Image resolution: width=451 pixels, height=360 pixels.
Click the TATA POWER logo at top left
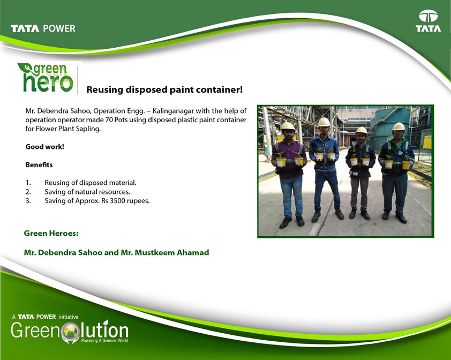pos(43,28)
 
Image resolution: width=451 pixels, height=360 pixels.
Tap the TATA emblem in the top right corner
pos(428,21)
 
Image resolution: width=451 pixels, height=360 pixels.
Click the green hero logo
pos(46,77)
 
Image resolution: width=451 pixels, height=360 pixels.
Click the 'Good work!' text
pos(44,147)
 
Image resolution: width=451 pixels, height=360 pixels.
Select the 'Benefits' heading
pos(39,165)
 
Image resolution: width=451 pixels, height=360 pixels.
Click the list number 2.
pos(28,192)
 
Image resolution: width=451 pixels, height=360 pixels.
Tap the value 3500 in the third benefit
pos(117,201)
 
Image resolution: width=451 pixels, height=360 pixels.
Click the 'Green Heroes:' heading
pos(51,233)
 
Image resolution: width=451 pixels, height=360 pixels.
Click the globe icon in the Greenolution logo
pos(70,331)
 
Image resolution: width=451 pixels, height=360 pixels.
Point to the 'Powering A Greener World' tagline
pos(104,341)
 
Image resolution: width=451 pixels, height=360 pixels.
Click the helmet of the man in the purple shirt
pos(288,126)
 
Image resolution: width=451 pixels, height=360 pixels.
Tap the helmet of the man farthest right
pos(399,126)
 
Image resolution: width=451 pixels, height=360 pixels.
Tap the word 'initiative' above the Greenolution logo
pos(68,317)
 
